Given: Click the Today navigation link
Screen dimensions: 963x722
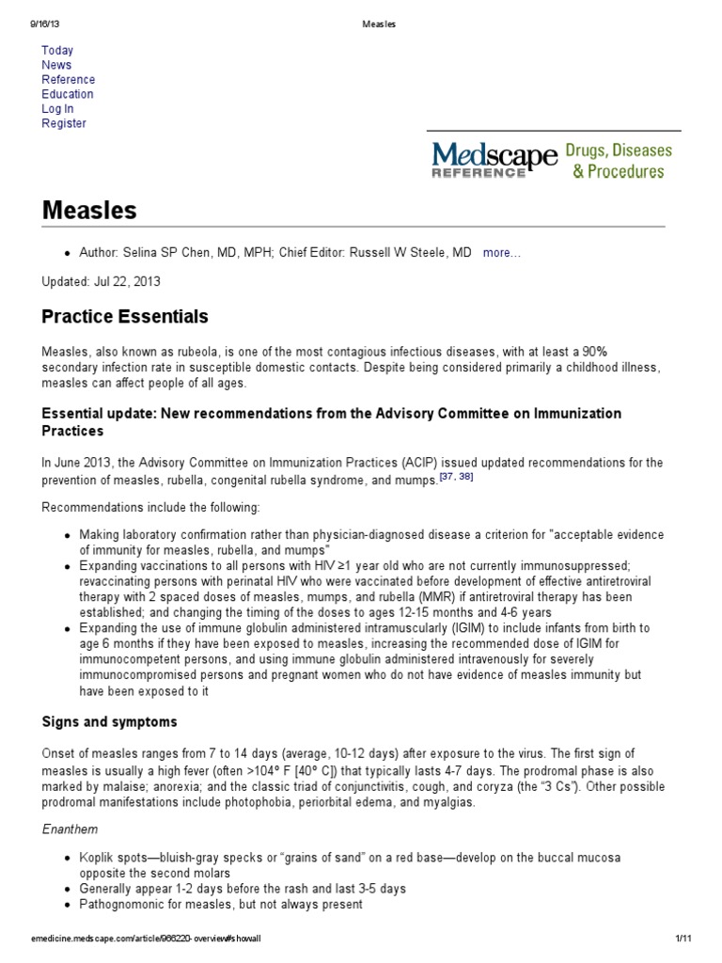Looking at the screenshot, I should coord(57,50).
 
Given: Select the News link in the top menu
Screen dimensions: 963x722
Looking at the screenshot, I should coord(56,65).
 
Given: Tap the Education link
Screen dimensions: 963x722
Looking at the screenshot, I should coord(68,94).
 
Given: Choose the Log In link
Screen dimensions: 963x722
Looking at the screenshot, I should coord(57,109).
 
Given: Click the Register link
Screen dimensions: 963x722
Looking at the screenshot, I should coord(64,123).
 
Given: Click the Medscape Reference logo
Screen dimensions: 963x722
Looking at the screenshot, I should coord(493,159).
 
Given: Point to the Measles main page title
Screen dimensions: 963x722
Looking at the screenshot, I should coord(89,210).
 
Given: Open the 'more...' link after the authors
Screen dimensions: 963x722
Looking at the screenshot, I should coord(501,254).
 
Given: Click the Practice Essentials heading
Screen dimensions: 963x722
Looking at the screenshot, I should coord(125,316).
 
